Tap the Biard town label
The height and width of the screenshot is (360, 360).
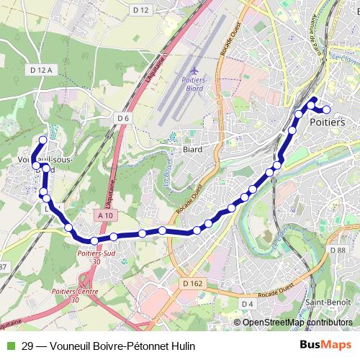click(192, 150)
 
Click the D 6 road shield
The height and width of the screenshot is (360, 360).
click(122, 118)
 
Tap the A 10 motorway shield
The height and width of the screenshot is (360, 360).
click(104, 215)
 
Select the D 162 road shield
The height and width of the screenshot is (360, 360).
click(193, 284)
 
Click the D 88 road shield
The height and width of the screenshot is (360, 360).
click(338, 249)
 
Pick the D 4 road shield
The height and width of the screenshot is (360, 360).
click(248, 304)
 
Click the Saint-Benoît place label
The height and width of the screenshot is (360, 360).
click(328, 302)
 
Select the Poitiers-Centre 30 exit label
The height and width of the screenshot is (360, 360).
click(76, 294)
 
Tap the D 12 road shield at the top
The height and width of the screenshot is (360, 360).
click(141, 9)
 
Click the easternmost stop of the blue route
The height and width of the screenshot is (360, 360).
click(326, 110)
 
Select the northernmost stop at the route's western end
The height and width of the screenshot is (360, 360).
click(43, 140)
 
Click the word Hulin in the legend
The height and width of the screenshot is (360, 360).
click(183, 346)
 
